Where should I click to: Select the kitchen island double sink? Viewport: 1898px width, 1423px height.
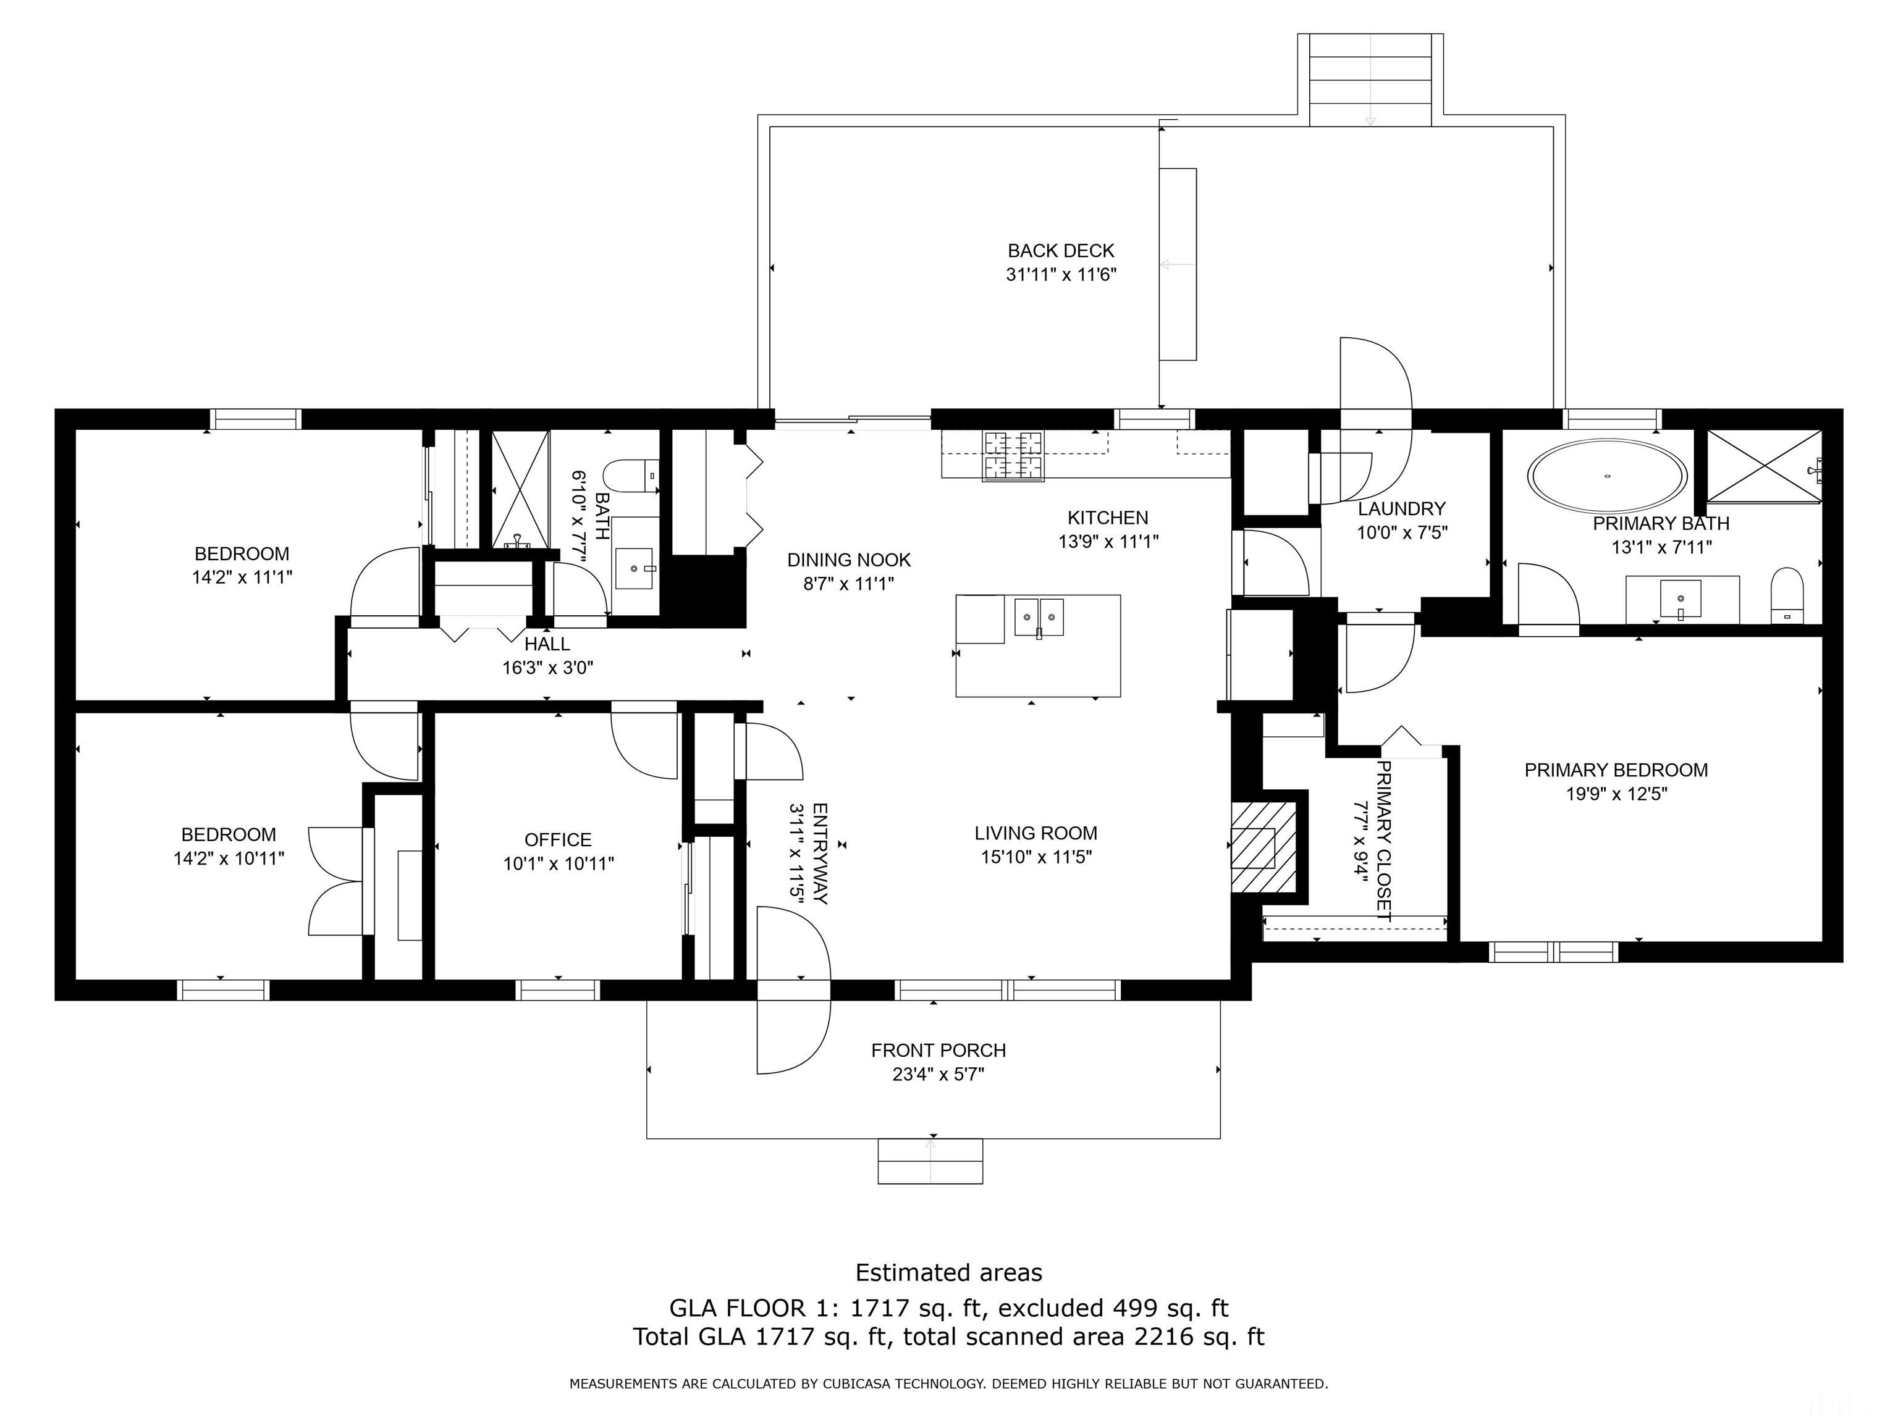point(1039,616)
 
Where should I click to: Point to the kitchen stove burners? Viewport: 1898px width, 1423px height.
point(1014,455)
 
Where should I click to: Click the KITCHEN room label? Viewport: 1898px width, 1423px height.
point(1107,517)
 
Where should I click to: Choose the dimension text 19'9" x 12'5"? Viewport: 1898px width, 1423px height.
point(1616,794)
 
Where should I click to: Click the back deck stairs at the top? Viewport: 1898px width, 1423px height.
point(1370,80)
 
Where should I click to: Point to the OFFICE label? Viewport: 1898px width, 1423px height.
point(558,840)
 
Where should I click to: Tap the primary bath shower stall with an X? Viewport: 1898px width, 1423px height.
point(1763,466)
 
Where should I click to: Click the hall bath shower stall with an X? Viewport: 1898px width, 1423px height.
point(520,489)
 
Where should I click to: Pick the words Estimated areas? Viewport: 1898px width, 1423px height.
point(948,1272)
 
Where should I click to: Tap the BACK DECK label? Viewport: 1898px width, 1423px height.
point(1061,251)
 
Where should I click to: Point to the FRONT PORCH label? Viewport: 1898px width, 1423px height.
point(938,1050)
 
